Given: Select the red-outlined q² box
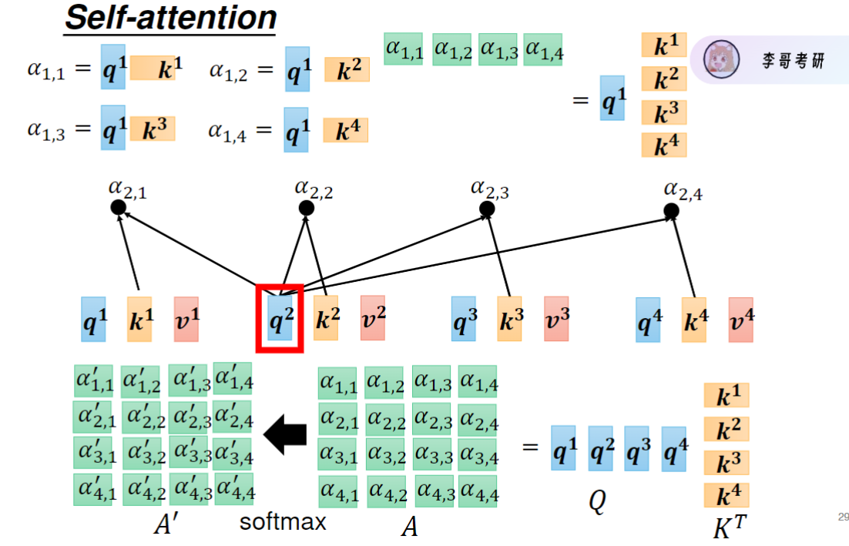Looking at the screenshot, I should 280,319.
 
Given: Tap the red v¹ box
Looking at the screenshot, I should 186,320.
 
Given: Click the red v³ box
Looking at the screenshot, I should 556,320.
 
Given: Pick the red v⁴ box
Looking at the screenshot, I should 740,320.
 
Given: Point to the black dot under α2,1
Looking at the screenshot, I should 118,208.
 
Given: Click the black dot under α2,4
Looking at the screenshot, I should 671,210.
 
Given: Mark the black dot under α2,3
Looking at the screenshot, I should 486,209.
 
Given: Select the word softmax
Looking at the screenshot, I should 283,522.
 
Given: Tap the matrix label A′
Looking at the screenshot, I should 167,524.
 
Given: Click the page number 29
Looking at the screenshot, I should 842,517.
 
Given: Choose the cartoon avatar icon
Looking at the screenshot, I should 722,59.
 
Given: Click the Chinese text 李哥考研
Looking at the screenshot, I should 794,60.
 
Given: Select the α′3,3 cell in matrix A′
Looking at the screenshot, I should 190,453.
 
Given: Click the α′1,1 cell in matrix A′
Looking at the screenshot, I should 93,380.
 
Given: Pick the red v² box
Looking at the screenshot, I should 372,320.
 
